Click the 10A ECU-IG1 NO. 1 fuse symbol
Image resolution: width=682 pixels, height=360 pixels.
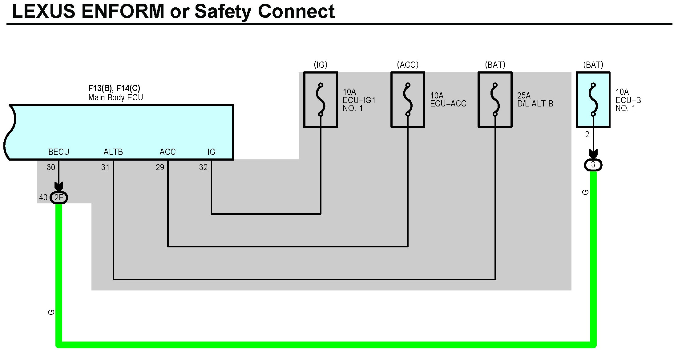tap(321, 100)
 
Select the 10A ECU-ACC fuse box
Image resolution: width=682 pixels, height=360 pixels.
tap(408, 100)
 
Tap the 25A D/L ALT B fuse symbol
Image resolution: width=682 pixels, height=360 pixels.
tap(495, 100)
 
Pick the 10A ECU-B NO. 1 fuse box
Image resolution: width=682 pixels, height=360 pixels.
tap(593, 100)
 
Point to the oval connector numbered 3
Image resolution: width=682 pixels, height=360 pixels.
tap(593, 165)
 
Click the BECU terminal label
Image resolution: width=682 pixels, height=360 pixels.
tap(59, 152)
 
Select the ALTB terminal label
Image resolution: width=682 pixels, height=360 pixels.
tap(113, 152)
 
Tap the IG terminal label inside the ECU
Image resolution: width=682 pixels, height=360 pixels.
tap(211, 152)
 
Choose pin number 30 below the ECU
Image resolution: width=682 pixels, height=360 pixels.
tap(51, 167)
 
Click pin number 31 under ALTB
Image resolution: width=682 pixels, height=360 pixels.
tap(105, 167)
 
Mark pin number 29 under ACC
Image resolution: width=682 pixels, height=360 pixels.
tap(160, 167)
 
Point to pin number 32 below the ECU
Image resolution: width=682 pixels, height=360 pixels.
tap(203, 167)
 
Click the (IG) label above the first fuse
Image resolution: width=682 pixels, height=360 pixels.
tap(321, 65)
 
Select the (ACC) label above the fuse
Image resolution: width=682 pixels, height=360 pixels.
tap(408, 65)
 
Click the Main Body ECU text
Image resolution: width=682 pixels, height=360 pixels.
tap(115, 98)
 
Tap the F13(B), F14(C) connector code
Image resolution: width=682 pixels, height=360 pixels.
tap(114, 89)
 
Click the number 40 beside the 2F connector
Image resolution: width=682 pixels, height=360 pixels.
tap(43, 198)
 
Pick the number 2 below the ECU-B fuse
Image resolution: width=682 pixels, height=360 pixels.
tap(587, 134)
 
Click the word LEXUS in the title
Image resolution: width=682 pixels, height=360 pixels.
tap(43, 12)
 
